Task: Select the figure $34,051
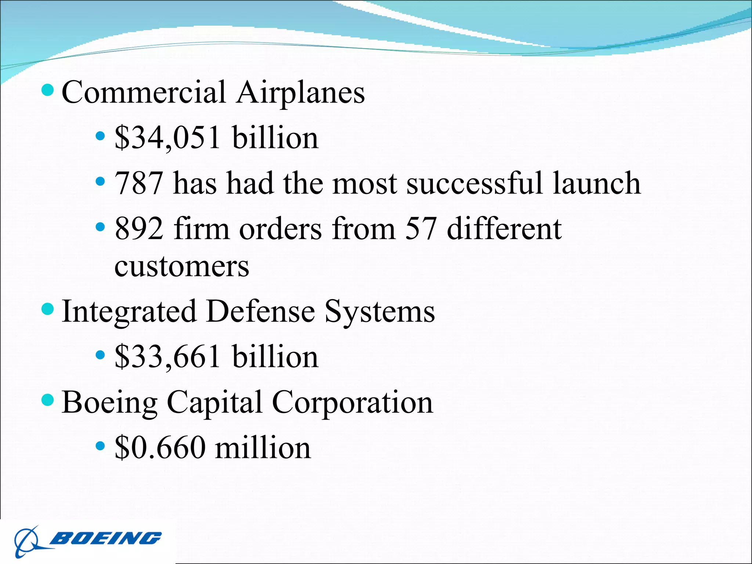tap(168, 138)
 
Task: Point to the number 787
tap(138, 183)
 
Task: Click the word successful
tap(474, 183)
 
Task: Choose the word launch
tap(597, 183)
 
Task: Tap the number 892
tap(138, 229)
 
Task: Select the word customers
tap(182, 266)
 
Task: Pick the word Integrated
tap(129, 311)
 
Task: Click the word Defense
tap(260, 311)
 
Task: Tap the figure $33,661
tap(168, 357)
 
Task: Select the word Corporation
tap(352, 403)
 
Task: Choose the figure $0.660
tap(160, 448)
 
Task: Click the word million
tap(263, 448)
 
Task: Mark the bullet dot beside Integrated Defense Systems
tap(48, 309)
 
